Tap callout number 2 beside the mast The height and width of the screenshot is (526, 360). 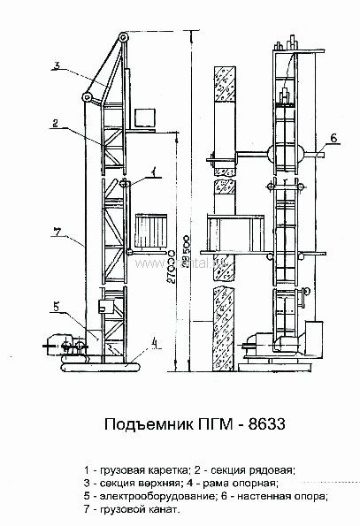(x=55, y=125)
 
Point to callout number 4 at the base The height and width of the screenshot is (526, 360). (x=154, y=341)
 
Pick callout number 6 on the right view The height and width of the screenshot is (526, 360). (x=335, y=137)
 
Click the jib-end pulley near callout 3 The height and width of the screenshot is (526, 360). (x=88, y=97)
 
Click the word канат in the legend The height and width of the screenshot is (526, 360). (x=162, y=510)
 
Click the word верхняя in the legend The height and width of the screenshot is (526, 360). (x=155, y=484)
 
